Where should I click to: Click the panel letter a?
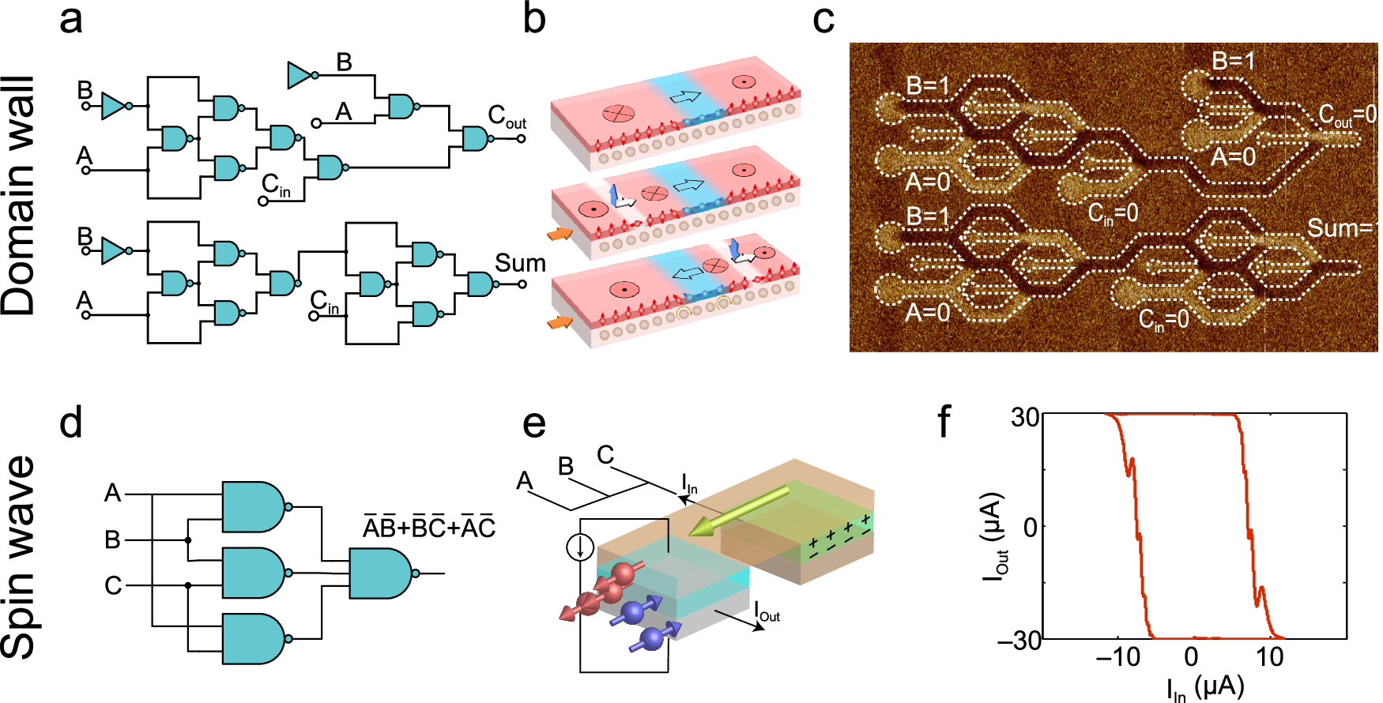point(70,19)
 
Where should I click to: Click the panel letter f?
point(944,422)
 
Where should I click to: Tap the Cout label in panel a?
point(506,117)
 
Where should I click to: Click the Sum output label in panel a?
point(520,263)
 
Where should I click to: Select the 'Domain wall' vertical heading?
point(21,196)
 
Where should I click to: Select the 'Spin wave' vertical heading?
point(21,557)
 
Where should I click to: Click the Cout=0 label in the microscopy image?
point(1347,116)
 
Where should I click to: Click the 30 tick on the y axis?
point(1025,416)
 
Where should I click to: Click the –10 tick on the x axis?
point(1117,657)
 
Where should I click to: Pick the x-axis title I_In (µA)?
point(1204,687)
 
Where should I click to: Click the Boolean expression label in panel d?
point(428,527)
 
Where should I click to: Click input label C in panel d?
point(113,585)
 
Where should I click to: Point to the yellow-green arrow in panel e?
point(739,510)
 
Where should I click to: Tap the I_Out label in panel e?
point(767,611)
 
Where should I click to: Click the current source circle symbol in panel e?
point(581,547)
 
